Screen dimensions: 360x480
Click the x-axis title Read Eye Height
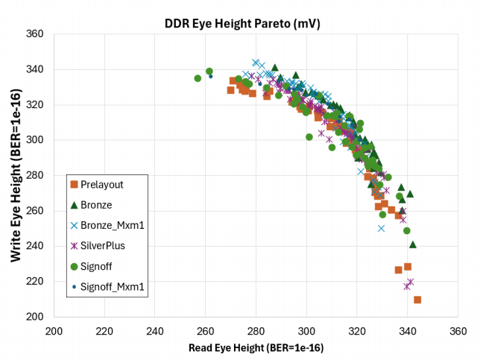[256, 347]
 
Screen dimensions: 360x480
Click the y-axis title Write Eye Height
[14, 175]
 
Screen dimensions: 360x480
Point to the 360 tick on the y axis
[36, 34]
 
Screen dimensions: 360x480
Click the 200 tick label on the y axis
[36, 317]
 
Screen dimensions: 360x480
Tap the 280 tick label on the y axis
[36, 175]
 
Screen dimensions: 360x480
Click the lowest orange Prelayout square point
[417, 300]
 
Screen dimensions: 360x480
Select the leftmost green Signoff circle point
[198, 78]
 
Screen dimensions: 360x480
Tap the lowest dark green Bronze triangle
[413, 244]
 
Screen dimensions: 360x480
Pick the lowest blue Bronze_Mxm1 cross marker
[381, 228]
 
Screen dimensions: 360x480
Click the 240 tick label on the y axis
[36, 246]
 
